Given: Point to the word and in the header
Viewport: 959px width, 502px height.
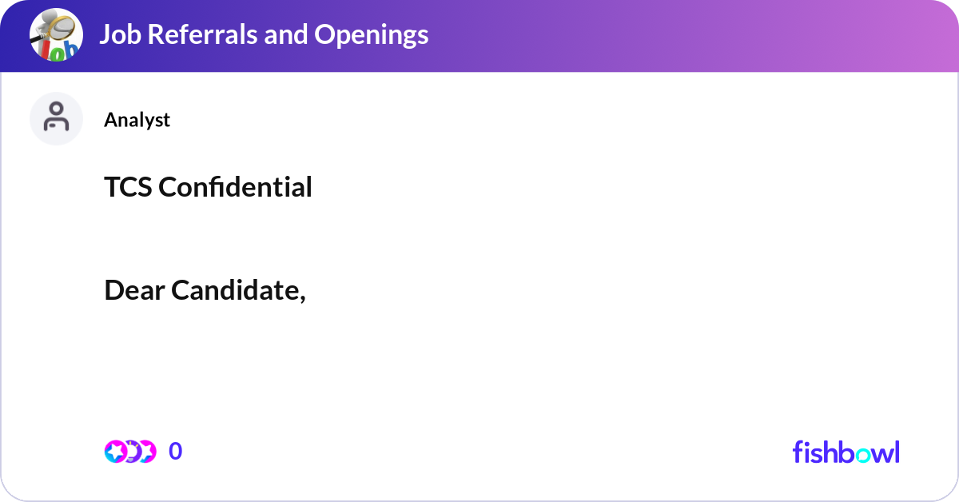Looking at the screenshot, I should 286,34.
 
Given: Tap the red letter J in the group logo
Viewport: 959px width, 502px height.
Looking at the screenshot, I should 46,50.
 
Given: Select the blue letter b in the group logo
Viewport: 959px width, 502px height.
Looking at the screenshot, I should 70,49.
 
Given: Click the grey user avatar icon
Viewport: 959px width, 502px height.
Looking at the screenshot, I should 56,118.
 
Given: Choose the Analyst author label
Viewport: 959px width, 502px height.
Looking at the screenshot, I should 137,120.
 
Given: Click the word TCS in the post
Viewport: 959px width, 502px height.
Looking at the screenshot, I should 128,187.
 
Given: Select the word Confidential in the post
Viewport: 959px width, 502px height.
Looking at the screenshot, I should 235,187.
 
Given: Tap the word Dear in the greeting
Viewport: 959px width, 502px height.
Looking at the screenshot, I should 134,290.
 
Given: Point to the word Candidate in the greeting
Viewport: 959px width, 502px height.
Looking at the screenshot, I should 237,290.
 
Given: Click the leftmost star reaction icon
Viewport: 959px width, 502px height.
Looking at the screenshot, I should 115,452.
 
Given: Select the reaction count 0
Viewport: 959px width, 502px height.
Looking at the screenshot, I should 175,452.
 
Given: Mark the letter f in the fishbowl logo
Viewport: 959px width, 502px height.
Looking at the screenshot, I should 798,452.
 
